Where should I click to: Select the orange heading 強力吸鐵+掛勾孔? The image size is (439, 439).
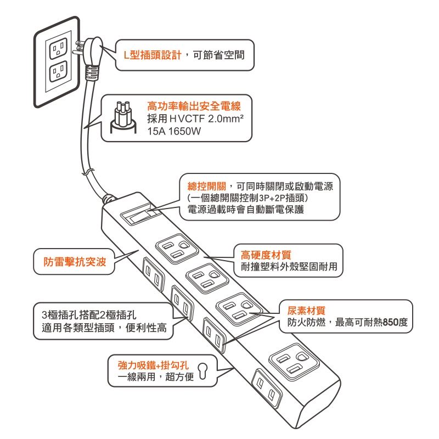point(154,365)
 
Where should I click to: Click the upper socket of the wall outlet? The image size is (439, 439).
point(57,49)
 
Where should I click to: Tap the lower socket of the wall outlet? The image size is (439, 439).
point(57,72)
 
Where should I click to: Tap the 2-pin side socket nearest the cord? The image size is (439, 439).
point(152,273)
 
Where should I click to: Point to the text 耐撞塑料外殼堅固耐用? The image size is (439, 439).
point(289,267)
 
